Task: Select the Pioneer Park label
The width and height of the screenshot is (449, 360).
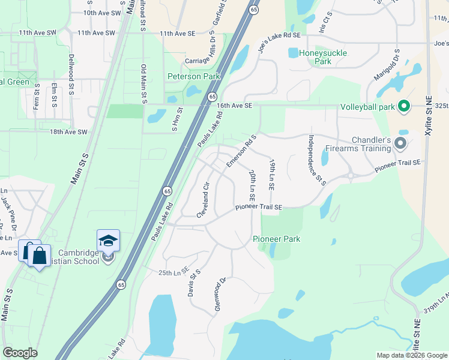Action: point(276,239)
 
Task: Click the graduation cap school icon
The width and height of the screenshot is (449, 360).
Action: point(109,241)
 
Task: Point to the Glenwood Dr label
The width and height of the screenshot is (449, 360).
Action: point(220,294)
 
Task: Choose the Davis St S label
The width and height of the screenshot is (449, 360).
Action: point(193,283)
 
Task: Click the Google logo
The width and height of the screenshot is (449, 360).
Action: point(20,353)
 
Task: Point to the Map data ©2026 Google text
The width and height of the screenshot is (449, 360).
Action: point(411,355)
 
